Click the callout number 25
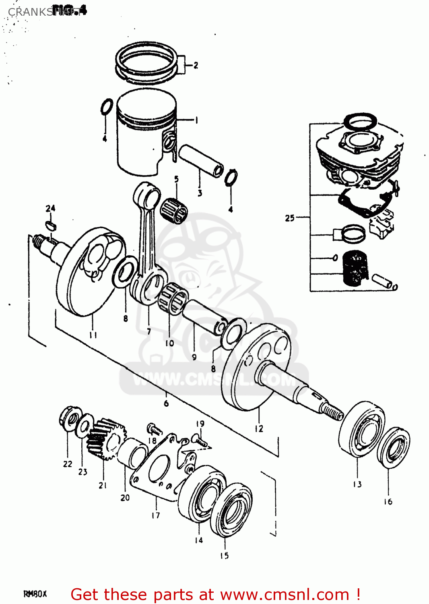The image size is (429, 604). point(290,218)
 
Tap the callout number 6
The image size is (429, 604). point(166,403)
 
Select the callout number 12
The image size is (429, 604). point(259,429)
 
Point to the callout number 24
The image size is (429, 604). point(50,208)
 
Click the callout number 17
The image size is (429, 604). point(156,515)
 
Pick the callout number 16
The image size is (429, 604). point(388,501)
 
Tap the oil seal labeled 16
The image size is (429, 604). point(394,447)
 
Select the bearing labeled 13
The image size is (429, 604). point(361,429)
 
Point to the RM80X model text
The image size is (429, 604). point(35,594)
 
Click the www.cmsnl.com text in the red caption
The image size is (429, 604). point(285,595)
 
